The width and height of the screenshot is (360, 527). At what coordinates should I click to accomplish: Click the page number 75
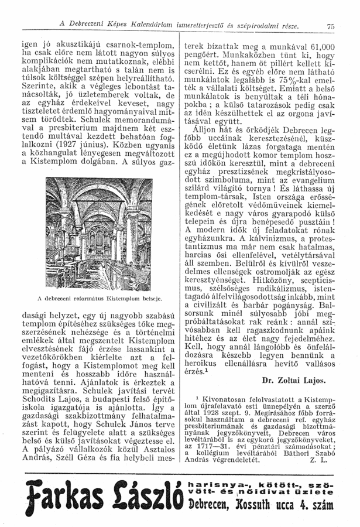click(x=330, y=26)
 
